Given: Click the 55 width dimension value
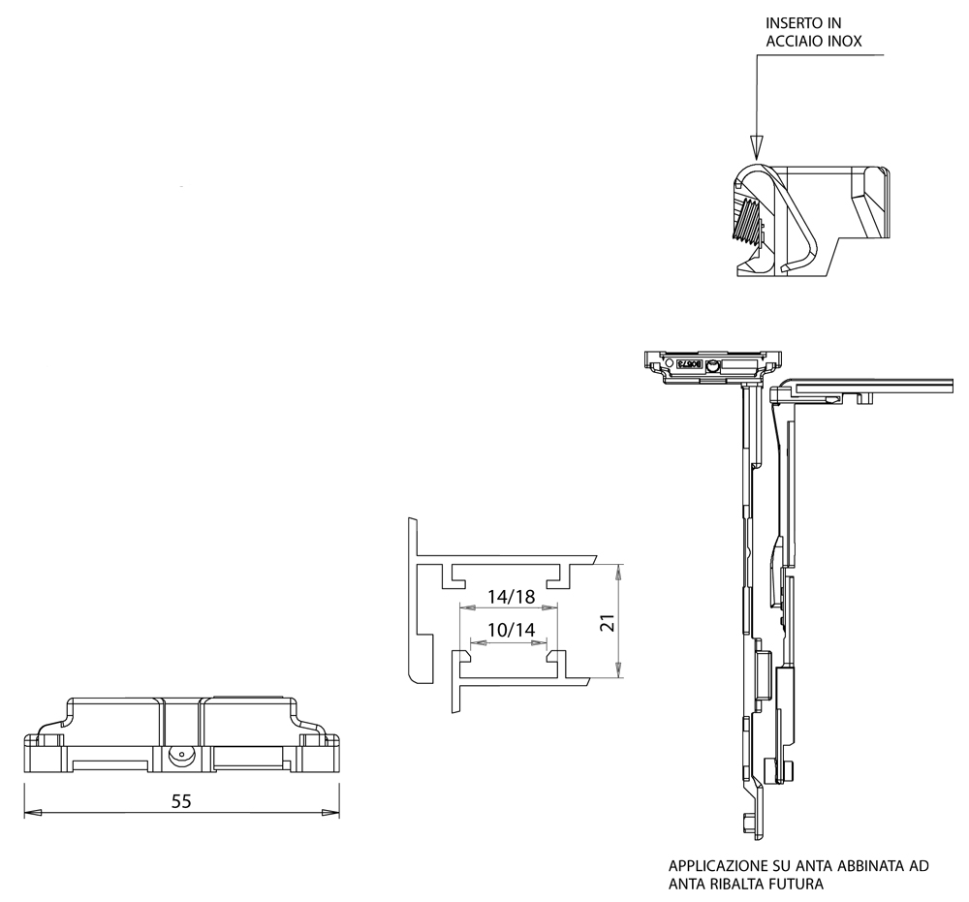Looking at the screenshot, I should (181, 801).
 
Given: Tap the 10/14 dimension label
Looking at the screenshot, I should (511, 630).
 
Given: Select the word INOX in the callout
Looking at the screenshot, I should (843, 42).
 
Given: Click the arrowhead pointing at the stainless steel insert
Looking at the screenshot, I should (757, 146).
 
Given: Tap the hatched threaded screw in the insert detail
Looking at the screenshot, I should (749, 222).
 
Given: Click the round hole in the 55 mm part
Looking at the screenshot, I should (178, 756).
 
